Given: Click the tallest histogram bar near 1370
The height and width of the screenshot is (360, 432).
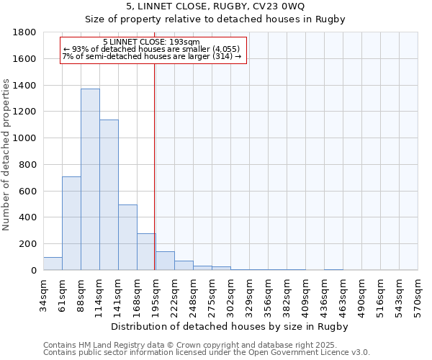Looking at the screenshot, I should click(90, 180).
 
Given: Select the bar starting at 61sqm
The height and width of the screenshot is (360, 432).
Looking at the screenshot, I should click(71, 223).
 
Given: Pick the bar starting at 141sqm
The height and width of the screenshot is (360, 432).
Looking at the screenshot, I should click(127, 238).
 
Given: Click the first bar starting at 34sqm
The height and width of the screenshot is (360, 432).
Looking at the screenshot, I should click(53, 264).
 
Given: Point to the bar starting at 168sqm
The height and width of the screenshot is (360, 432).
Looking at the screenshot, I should click(146, 252).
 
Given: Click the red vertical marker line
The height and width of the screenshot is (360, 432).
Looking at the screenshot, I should click(155, 166).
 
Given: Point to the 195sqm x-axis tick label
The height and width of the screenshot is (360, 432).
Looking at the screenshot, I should click(156, 293).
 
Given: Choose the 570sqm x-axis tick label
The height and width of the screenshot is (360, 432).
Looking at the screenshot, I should click(418, 293).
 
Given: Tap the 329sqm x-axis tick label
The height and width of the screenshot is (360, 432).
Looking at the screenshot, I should click(249, 293).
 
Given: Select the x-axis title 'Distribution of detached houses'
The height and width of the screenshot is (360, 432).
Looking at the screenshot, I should click(230, 326).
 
